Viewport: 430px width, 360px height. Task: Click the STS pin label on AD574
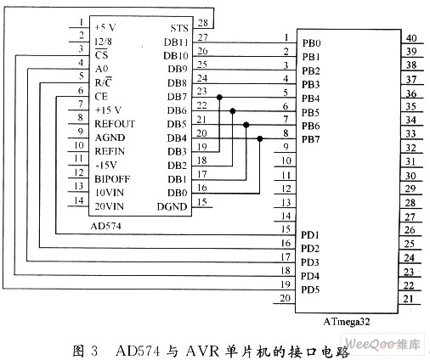(x=179, y=28)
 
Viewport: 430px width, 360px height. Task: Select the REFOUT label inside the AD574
(x=115, y=124)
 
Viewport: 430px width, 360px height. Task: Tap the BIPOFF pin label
(x=112, y=179)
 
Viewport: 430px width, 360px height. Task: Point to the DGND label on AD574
(x=172, y=206)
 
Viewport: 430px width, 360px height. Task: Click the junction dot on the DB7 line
(x=219, y=98)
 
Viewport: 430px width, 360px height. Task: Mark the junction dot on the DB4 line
(x=260, y=138)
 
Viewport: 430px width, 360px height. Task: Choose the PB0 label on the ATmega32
(x=311, y=43)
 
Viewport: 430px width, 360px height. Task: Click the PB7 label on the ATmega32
(x=311, y=139)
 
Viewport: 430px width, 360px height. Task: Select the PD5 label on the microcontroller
(x=310, y=290)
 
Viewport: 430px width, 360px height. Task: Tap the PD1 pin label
(x=310, y=235)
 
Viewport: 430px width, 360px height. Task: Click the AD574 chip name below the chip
(x=105, y=226)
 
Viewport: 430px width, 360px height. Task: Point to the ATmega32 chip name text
(x=347, y=322)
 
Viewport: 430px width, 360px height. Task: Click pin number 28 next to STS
(x=203, y=23)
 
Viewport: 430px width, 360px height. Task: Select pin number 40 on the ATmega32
(x=411, y=38)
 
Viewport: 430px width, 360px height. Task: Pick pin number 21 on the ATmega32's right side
(x=408, y=299)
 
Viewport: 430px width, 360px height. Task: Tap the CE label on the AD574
(x=101, y=97)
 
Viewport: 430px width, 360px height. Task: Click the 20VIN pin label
(x=109, y=206)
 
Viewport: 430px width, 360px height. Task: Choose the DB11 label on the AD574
(x=176, y=42)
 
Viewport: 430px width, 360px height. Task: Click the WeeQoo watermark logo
(x=382, y=344)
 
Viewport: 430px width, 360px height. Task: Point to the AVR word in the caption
(x=202, y=352)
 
